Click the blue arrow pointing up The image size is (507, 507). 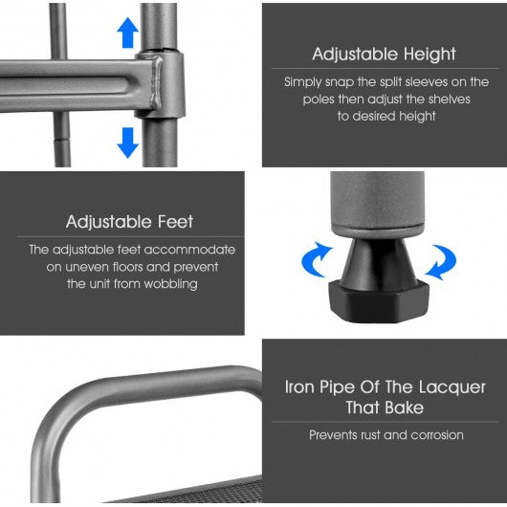point(128,33)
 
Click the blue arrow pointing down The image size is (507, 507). point(128,143)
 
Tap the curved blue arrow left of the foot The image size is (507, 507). point(316,259)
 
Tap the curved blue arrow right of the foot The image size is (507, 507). point(442,262)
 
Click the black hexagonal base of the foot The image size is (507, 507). point(378,301)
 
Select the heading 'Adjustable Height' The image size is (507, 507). point(385,54)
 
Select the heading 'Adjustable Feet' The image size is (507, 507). point(130,222)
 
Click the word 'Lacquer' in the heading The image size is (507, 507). point(452,387)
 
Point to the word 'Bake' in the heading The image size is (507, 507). point(404,408)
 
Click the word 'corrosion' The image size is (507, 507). point(437,435)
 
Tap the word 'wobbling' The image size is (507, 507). point(170,284)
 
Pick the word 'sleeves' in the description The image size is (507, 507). point(427,82)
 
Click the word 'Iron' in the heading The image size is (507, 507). point(299,387)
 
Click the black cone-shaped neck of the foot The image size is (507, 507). point(379,260)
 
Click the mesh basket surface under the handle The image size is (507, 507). point(207,492)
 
